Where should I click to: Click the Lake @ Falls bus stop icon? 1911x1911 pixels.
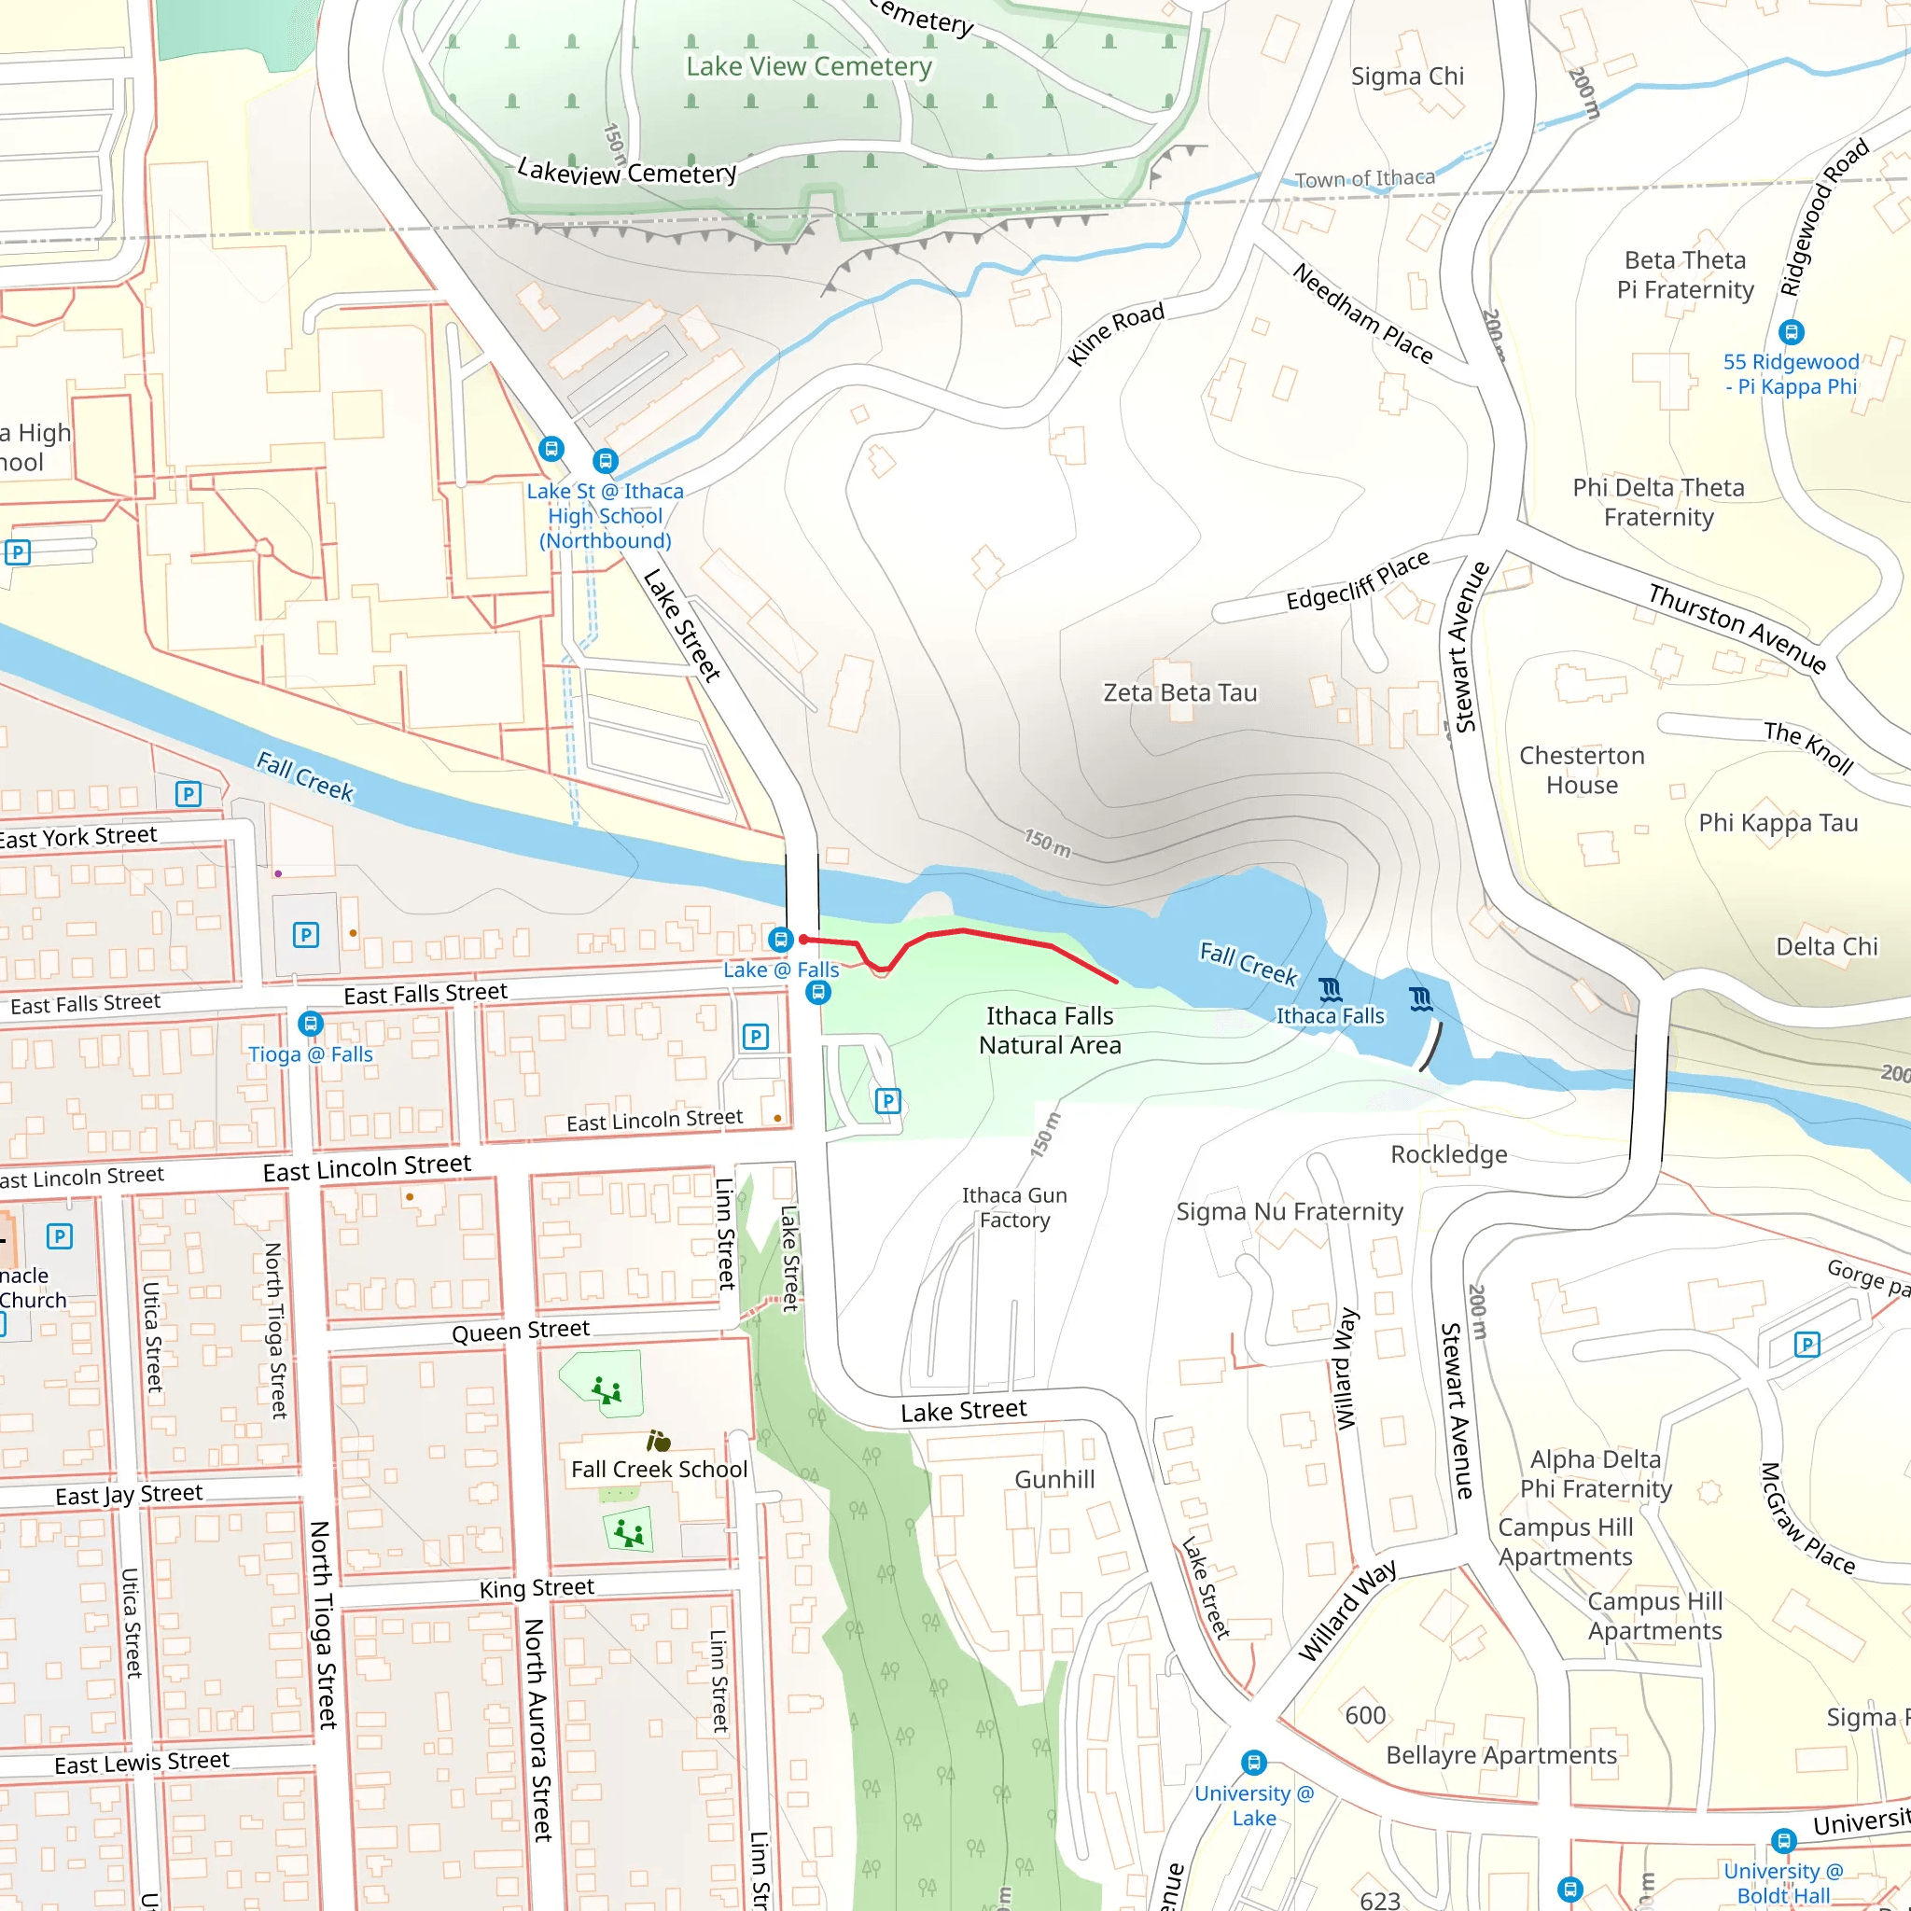pos(780,938)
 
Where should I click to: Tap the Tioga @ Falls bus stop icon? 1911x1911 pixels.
pos(310,1024)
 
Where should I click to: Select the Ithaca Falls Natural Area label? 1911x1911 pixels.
pos(1050,1031)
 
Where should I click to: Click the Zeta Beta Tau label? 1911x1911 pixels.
pos(1180,692)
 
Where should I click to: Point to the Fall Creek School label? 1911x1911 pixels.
pos(659,1470)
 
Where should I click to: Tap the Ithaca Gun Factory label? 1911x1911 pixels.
pos(1014,1207)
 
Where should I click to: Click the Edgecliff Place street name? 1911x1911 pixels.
pos(1357,580)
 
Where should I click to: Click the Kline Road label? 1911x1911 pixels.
pos(1116,333)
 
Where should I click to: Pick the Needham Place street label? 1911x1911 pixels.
pos(1362,314)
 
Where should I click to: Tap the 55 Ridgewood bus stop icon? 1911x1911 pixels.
pos(1792,332)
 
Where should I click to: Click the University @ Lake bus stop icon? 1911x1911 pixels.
pos(1253,1763)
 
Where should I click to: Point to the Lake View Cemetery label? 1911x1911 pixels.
pos(809,67)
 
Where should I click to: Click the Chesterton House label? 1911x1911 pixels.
pos(1582,770)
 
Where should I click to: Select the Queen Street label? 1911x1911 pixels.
pos(521,1331)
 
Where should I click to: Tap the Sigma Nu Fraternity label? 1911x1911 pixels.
pos(1289,1212)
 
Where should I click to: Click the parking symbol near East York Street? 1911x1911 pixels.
pos(188,793)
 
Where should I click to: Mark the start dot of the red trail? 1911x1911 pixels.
pos(803,939)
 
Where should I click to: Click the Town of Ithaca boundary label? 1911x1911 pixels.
pos(1364,179)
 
